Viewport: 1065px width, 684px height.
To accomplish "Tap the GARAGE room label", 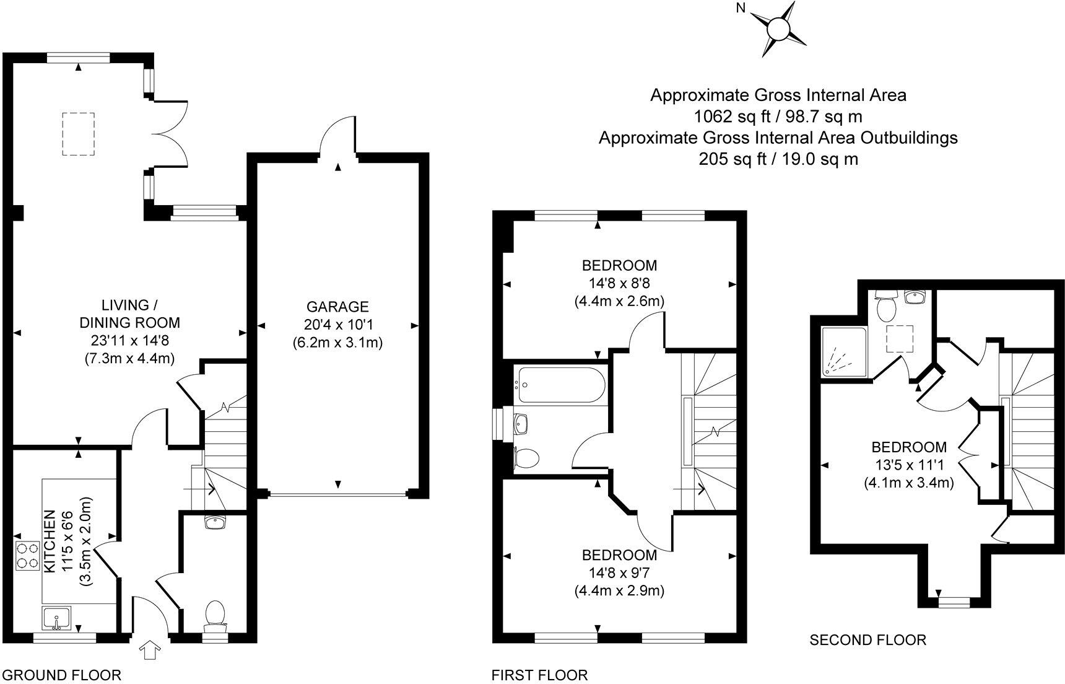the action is (338, 307).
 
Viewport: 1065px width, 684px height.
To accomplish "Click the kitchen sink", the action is (58, 618).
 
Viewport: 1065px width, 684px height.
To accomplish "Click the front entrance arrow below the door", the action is (150, 651).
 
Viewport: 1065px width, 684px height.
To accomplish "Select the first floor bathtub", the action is (560, 385).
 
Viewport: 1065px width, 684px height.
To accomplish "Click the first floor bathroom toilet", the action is (526, 459).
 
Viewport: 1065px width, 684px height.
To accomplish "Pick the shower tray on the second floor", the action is (846, 352).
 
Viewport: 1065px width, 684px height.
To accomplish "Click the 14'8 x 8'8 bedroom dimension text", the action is (619, 284).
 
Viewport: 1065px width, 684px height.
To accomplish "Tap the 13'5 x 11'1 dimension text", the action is (909, 465).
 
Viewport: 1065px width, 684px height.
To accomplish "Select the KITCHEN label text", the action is (50, 541).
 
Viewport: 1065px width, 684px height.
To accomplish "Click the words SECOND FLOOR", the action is (868, 640).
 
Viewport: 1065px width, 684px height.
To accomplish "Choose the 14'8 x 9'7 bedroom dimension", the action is (619, 572).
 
